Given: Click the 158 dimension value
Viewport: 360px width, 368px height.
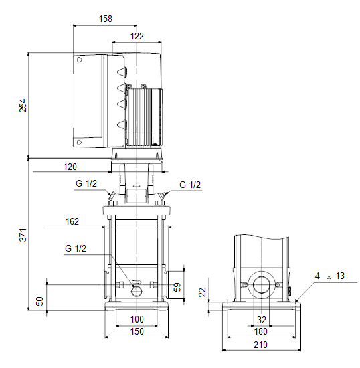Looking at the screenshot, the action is tap(106, 19).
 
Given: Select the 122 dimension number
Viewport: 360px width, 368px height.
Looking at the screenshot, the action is tap(137, 36).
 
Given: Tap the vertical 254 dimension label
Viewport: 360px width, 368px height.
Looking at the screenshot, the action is tap(23, 106).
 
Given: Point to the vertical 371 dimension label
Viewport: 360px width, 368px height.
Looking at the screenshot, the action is tap(23, 235).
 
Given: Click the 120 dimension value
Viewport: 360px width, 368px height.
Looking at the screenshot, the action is tap(70, 167).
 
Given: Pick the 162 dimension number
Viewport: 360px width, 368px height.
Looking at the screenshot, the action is tap(72, 221).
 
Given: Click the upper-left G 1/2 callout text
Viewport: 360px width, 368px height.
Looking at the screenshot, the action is tap(86, 183).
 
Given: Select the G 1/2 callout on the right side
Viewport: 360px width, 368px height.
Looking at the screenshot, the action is tap(190, 185).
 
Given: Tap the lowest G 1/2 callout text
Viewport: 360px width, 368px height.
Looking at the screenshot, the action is tap(76, 248).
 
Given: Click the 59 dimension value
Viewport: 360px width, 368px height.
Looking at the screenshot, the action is tap(177, 287).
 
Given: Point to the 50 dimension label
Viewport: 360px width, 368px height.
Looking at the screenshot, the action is tap(39, 301).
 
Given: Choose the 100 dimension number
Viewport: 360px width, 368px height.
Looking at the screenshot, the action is tap(137, 319).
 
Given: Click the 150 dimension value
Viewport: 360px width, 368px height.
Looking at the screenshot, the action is tap(137, 332).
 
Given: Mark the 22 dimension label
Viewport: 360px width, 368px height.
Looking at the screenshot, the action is tap(202, 292).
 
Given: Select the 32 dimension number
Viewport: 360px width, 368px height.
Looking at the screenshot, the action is tap(262, 320).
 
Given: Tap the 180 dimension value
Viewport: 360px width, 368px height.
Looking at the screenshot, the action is tap(261, 332).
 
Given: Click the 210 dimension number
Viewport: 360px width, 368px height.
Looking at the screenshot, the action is tap(260, 345).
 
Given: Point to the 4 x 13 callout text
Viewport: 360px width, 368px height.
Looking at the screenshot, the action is tap(329, 276).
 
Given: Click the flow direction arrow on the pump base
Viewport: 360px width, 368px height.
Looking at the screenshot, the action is tap(137, 282).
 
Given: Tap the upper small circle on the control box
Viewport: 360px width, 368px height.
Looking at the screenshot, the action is tap(80, 60).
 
